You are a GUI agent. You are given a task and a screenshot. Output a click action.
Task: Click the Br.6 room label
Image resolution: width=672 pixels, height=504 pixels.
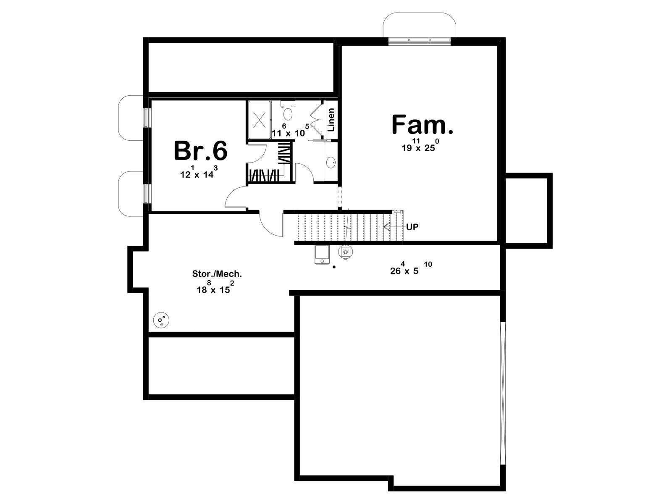[x=200, y=150]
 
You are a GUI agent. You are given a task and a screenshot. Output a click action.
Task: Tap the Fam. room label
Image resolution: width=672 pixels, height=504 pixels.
[x=422, y=125]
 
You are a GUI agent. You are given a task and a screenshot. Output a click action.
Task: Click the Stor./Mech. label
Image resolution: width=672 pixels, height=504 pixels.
[x=217, y=273]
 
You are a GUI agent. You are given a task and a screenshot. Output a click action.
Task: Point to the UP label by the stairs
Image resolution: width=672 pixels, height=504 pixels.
[x=412, y=227]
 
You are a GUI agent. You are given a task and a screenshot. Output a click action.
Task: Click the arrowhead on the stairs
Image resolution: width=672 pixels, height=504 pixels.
[x=386, y=227]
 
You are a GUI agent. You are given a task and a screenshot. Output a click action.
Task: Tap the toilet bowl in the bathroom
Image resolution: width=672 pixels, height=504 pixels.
[x=287, y=113]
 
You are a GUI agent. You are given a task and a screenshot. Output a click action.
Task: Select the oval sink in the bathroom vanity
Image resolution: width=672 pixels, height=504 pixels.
[x=331, y=162]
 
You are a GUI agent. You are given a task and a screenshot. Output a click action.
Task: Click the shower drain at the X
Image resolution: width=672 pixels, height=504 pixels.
[x=259, y=119]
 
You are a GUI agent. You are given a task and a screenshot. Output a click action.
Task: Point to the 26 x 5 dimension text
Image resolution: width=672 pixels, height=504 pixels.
[x=411, y=268]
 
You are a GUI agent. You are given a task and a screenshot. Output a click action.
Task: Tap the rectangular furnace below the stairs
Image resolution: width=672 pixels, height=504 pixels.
[x=322, y=255]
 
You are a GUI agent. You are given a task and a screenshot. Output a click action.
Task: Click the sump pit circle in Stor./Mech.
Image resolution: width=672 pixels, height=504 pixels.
[x=161, y=320]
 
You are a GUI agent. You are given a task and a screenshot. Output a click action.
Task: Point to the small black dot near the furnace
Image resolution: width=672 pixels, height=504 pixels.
[x=334, y=267]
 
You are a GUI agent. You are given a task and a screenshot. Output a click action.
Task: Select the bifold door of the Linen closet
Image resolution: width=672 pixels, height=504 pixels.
[x=317, y=119]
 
